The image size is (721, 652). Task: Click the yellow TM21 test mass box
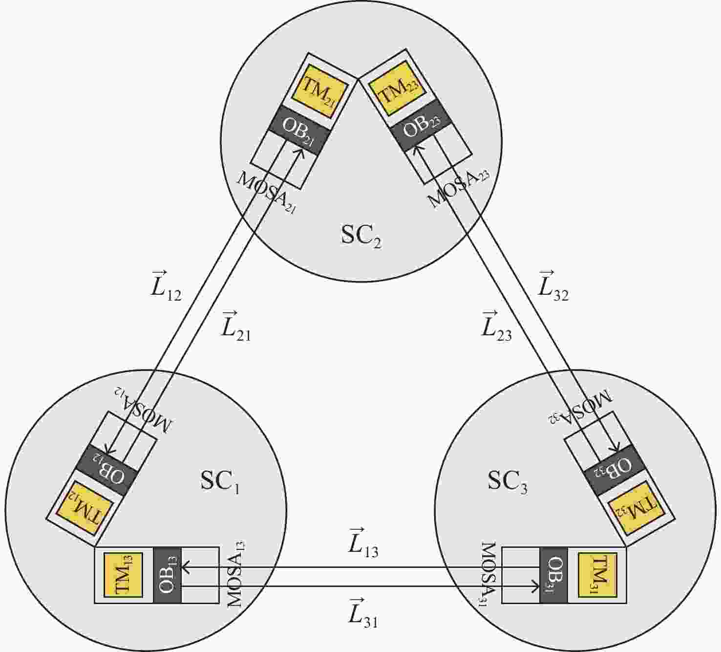pyautogui.click(x=319, y=90)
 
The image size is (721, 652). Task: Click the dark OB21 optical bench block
pyautogui.click(x=299, y=130)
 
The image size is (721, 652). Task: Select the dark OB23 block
pyautogui.click(x=421, y=125)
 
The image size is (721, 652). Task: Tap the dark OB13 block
pyautogui.click(x=168, y=575)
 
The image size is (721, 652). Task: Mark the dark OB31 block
pyautogui.click(x=553, y=575)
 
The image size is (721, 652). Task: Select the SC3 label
pyautogui.click(x=507, y=481)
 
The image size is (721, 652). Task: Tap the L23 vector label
pyautogui.click(x=496, y=326)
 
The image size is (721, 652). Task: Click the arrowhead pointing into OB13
pyautogui.click(x=186, y=567)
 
